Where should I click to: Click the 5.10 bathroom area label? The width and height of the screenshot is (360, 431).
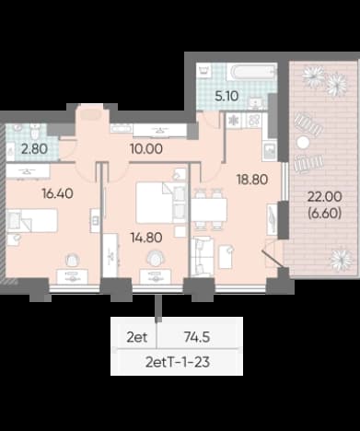(x=226, y=96)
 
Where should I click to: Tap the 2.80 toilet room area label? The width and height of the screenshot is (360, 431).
(x=34, y=149)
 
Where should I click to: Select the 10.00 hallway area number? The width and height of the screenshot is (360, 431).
(x=146, y=149)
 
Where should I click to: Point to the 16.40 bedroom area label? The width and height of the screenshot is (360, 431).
(x=58, y=193)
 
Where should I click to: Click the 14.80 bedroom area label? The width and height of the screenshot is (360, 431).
(x=146, y=238)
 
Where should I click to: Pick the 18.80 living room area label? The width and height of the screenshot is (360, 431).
(x=252, y=180)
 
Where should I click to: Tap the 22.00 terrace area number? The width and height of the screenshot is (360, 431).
(x=325, y=197)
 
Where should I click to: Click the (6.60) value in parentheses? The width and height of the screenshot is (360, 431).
(x=325, y=213)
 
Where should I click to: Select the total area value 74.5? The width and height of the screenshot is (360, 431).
(x=197, y=337)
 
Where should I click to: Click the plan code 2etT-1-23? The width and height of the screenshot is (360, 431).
(x=178, y=362)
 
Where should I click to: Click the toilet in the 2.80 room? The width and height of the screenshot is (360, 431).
(x=34, y=131)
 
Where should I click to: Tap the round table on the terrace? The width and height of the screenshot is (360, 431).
(x=303, y=142)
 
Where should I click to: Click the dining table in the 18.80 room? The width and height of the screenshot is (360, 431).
(x=209, y=209)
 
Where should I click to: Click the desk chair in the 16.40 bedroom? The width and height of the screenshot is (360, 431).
(x=73, y=260)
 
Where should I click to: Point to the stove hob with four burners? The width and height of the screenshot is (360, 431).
(x=254, y=120)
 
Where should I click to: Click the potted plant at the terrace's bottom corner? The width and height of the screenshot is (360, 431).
(x=341, y=260)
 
